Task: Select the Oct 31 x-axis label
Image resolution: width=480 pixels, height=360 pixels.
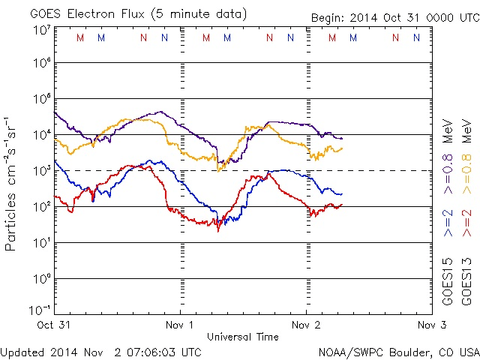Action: (55, 325)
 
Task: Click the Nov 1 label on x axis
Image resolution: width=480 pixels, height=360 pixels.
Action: (181, 325)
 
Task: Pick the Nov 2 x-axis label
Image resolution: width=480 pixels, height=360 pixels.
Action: (307, 325)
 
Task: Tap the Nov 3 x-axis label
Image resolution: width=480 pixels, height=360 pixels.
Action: (432, 325)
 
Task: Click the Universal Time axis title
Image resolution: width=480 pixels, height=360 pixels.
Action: (243, 337)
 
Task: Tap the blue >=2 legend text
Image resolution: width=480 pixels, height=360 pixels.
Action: (448, 221)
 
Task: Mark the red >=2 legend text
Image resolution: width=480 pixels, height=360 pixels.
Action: (466, 221)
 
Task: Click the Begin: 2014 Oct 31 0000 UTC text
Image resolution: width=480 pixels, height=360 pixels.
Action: (395, 17)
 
